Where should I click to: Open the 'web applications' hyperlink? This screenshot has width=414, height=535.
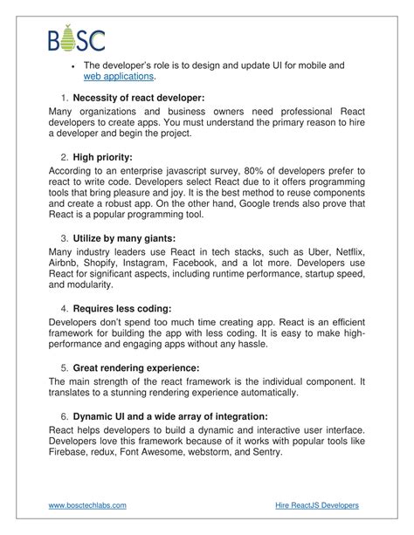[119, 77]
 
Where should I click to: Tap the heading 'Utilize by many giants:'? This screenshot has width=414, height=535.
[128, 237]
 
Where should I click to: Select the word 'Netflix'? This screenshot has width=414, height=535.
[339, 251]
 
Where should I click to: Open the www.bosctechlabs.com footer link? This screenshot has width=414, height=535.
[93, 505]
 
